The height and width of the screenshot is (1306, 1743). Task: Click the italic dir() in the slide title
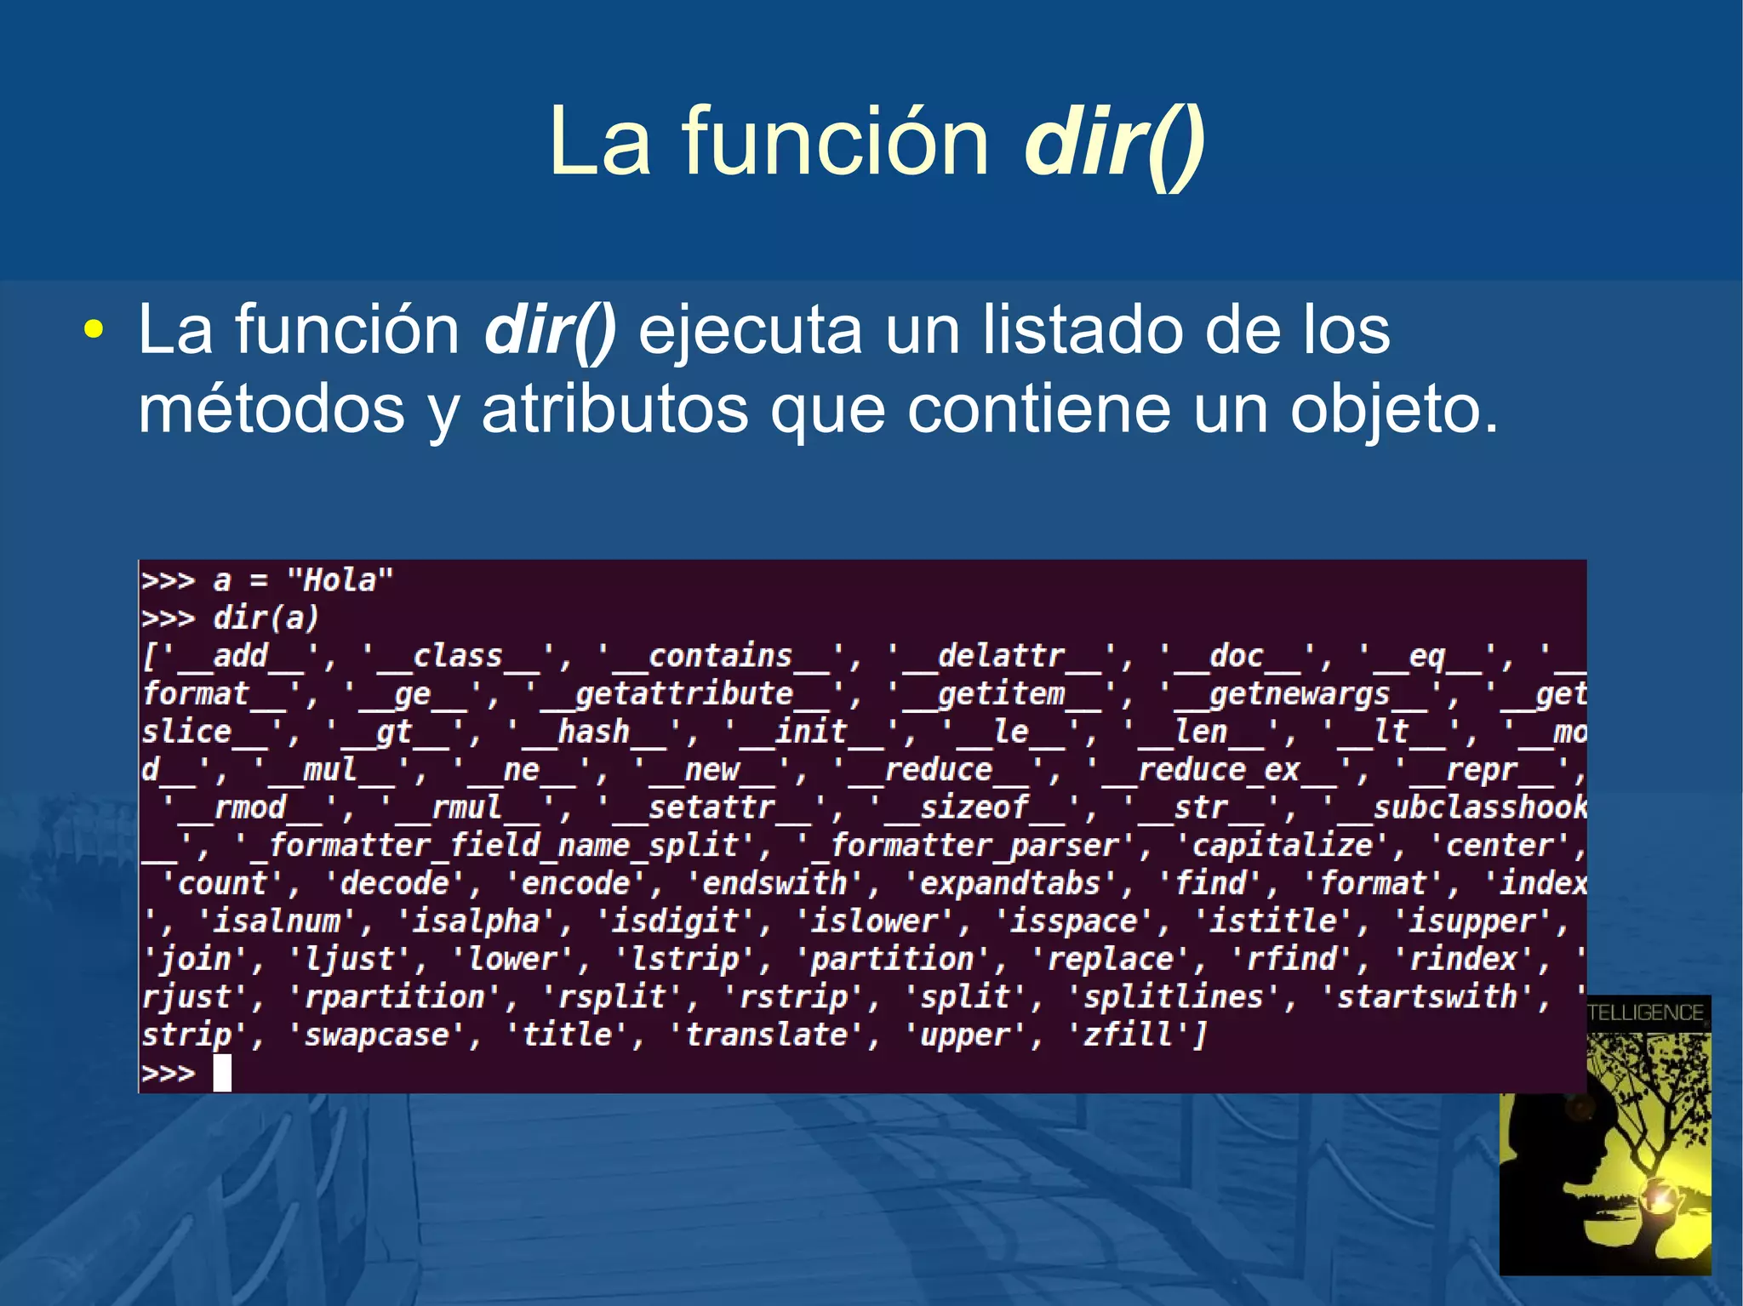tap(1114, 143)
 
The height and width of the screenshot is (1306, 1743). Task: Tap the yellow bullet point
tap(94, 330)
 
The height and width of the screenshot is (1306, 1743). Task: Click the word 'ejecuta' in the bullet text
tap(749, 330)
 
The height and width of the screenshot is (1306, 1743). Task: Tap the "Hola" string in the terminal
tap(340, 580)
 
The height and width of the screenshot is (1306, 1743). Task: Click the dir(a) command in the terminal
tap(266, 618)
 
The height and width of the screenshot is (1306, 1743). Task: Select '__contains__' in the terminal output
tap(720, 656)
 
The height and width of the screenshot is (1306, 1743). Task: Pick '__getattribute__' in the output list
tap(684, 694)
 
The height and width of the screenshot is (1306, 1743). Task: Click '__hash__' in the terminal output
tap(593, 732)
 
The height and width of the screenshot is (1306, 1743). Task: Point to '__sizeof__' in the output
tap(974, 807)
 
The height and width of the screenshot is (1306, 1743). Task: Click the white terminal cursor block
tap(222, 1073)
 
